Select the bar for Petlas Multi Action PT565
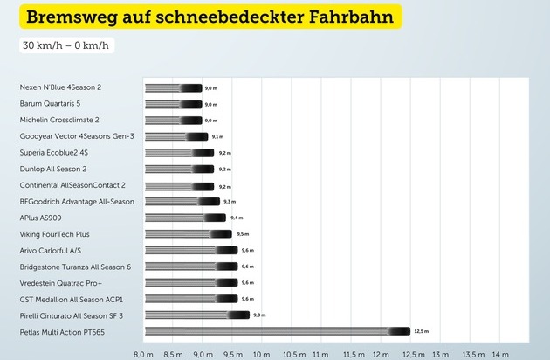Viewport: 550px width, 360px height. point(277,331)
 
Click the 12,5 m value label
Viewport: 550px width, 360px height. point(422,331)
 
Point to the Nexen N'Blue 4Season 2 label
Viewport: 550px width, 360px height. point(73,87)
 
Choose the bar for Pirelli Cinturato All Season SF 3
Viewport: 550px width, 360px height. point(196,315)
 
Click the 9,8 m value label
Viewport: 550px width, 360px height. point(259,315)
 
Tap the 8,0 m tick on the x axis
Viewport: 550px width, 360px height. point(144,353)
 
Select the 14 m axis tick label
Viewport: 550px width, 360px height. point(500,353)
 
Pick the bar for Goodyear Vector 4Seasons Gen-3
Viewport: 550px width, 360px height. point(175,136)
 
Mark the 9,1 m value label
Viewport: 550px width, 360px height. point(217,136)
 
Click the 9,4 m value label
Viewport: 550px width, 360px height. point(236,218)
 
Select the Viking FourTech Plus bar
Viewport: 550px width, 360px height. point(188,234)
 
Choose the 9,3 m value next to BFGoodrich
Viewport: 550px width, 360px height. point(230,201)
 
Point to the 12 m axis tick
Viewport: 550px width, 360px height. point(382,353)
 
